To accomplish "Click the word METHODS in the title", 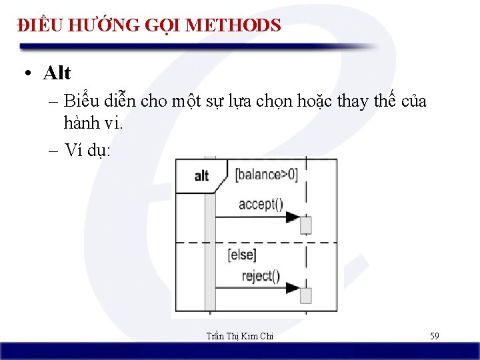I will coord(233,25).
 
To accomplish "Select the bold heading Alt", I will coord(57,73).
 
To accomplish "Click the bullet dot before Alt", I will coord(25,73).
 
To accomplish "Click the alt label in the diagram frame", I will coord(201,176).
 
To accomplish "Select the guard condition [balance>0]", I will coord(266,175).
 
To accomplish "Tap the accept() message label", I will coord(261,204).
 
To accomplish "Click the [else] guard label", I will coord(241,254).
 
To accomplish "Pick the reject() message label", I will coord(260,275).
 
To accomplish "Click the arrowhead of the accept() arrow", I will coord(293,217).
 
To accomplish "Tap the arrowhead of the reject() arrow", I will coord(293,288).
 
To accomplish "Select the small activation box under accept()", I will coord(306,225).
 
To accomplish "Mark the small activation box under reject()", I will coord(306,295).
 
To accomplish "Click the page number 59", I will coord(434,336).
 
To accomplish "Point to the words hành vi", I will coord(93,123).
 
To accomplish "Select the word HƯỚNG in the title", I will coord(97,25).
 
